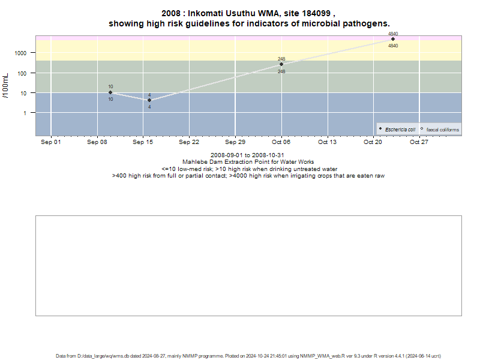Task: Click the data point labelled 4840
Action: (x=393, y=39)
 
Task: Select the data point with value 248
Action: (x=281, y=64)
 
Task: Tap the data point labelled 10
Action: (x=110, y=92)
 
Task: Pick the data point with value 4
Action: (x=149, y=100)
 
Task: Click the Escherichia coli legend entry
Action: (x=397, y=130)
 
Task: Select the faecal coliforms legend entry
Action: (x=440, y=130)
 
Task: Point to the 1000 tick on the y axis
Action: (x=20, y=53)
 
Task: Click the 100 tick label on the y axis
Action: (x=22, y=73)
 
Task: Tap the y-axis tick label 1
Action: (x=25, y=113)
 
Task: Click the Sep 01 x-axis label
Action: (x=51, y=142)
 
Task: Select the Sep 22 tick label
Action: (x=189, y=142)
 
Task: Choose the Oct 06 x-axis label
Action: (x=281, y=142)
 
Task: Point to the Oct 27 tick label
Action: (x=419, y=142)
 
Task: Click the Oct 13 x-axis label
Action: (x=327, y=142)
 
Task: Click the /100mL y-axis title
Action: (x=5, y=86)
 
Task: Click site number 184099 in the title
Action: (x=316, y=13)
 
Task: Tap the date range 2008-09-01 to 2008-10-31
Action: (x=247, y=155)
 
